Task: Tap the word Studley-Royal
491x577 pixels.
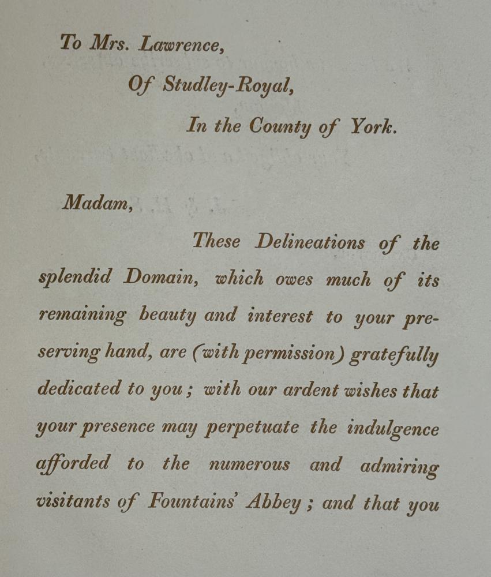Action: click(x=228, y=85)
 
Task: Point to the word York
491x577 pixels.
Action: click(x=374, y=127)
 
